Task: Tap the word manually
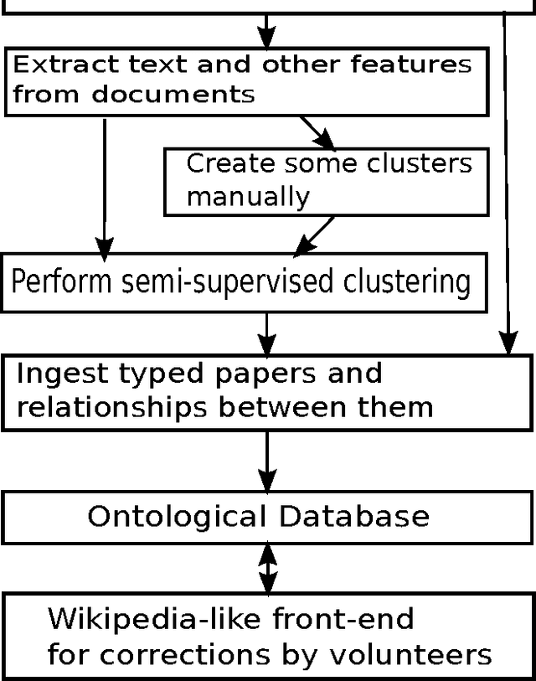click(247, 197)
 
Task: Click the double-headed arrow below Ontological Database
click(266, 567)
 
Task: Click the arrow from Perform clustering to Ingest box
click(266, 333)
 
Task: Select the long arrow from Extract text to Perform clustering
click(104, 188)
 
